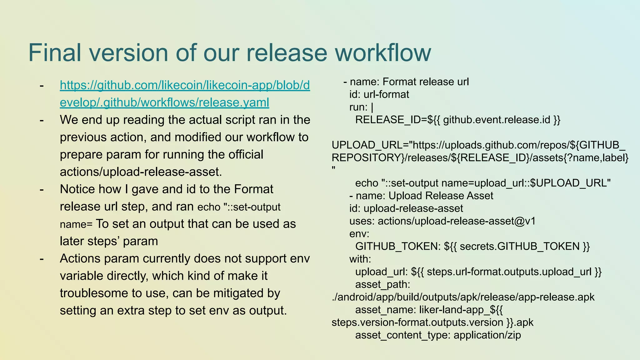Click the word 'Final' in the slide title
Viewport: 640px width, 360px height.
click(55, 52)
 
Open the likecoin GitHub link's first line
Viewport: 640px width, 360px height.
click(185, 85)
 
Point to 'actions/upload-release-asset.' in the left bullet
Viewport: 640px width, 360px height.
click(141, 172)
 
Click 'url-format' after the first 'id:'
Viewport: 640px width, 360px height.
click(386, 94)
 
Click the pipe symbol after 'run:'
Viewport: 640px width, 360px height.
click(372, 107)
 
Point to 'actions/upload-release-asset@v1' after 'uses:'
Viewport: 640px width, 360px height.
click(457, 221)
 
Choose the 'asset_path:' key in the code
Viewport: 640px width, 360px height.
click(382, 284)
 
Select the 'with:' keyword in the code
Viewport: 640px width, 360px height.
click(360, 259)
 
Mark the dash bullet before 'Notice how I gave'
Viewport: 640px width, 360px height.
click(42, 189)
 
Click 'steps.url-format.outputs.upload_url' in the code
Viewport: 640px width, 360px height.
click(509, 272)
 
